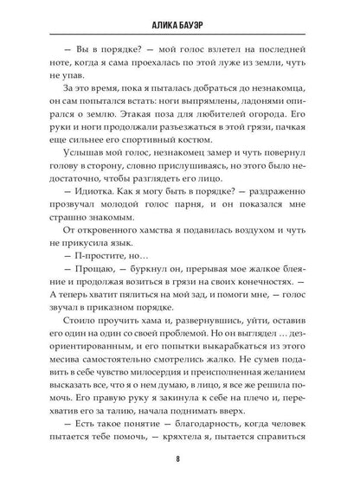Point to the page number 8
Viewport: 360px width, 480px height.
pos(180,458)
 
